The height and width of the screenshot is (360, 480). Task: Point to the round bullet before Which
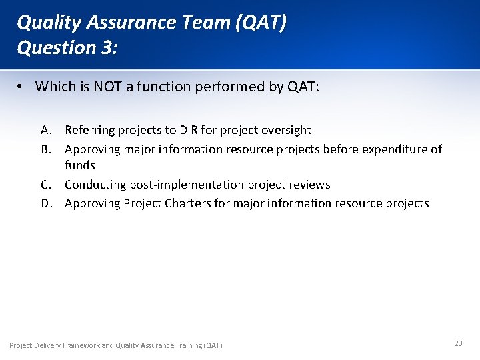click(22, 87)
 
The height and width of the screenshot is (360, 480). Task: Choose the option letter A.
click(45, 130)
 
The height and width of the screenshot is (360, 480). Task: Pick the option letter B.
click(45, 149)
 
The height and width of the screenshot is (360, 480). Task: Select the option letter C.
click(45, 185)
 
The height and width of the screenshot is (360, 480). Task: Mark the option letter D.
click(46, 203)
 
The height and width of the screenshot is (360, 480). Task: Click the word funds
click(79, 165)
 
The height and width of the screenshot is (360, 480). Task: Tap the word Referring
click(89, 130)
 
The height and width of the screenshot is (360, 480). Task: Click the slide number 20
click(458, 343)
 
